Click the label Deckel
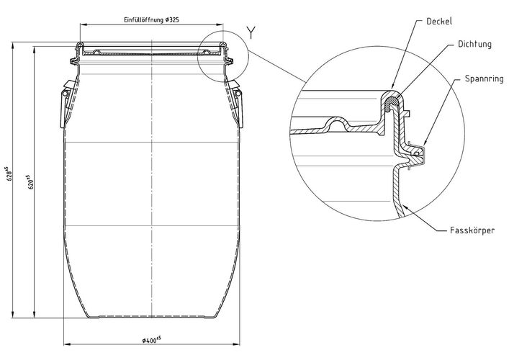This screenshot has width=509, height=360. [x=439, y=22]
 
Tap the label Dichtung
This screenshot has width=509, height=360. [x=474, y=44]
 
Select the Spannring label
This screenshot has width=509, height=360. [x=484, y=78]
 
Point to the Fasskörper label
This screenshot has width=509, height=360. [x=472, y=230]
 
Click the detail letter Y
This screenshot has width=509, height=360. [x=251, y=32]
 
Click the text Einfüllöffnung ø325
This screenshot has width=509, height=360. [x=151, y=20]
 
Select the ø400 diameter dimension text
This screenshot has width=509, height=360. [x=151, y=340]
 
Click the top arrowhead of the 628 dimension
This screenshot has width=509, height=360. [x=13, y=45]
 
